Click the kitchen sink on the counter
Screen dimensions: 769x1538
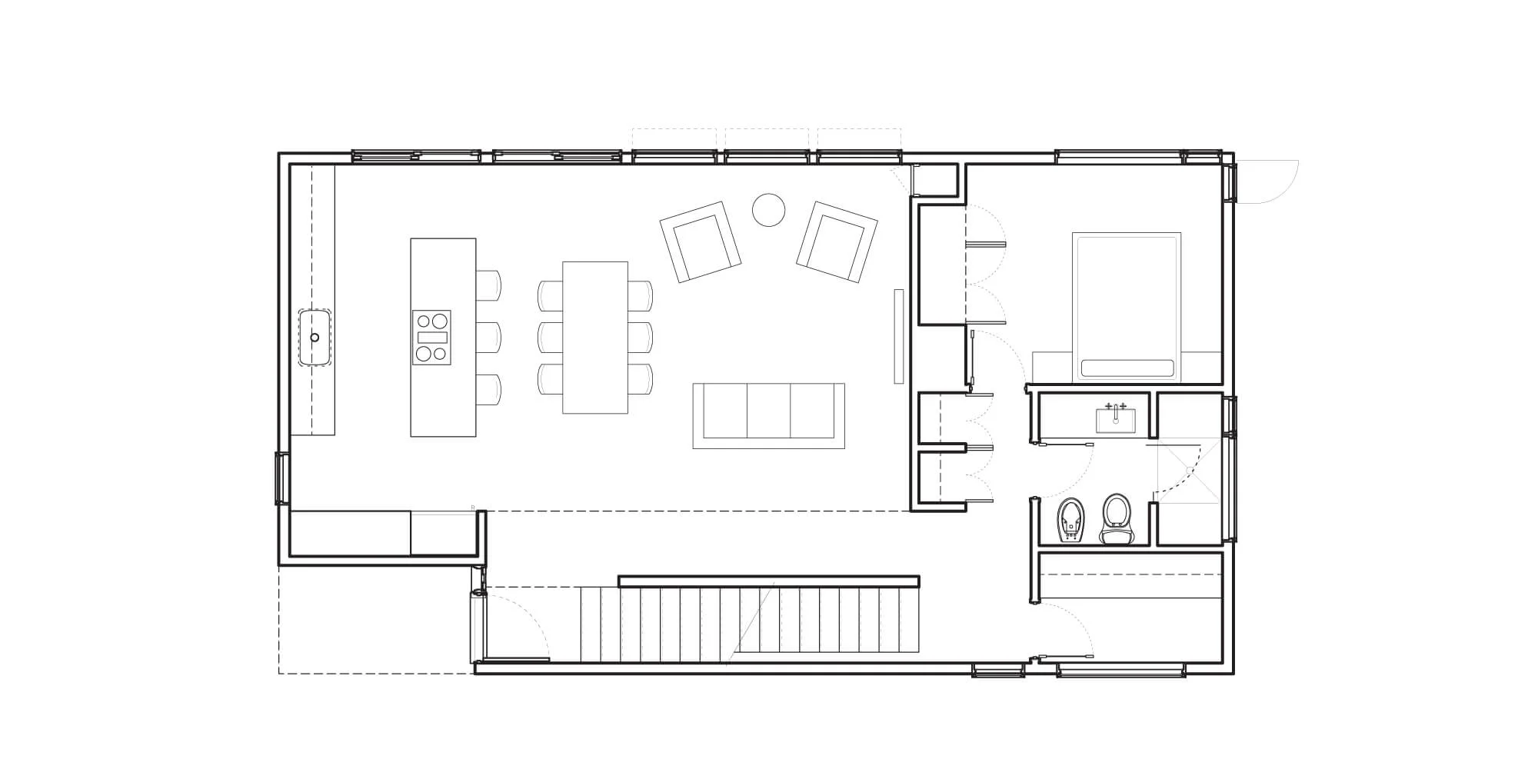coord(315,338)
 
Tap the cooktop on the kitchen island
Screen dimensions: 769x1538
coord(431,338)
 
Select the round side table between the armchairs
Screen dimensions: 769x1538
coord(767,209)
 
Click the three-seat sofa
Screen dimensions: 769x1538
coord(768,415)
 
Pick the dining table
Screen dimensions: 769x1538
coord(595,338)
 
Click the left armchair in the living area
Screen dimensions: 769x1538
coord(700,242)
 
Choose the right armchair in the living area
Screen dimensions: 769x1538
coord(837,241)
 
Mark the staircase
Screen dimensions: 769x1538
coord(750,623)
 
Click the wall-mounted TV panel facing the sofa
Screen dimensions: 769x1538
coord(898,336)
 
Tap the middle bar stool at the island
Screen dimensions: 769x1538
coord(488,338)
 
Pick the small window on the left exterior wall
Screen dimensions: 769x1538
coord(281,478)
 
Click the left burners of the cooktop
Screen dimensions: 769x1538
coord(423,338)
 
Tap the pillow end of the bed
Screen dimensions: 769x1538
coord(1127,368)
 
